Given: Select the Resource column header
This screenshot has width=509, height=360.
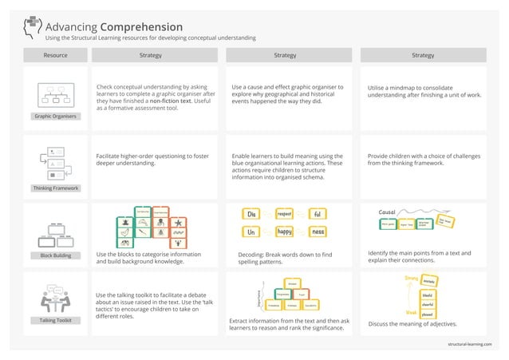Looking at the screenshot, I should (55, 56).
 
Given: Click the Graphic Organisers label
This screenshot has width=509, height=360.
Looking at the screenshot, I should (55, 117).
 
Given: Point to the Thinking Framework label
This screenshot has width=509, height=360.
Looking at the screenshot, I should (55, 188).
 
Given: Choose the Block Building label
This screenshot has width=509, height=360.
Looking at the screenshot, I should (55, 255).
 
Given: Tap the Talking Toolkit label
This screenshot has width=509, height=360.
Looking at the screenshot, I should (55, 320).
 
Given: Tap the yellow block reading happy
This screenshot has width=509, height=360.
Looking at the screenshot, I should (284, 231).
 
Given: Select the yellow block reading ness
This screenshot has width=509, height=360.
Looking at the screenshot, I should (317, 231).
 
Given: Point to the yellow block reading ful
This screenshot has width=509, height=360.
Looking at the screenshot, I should (317, 215).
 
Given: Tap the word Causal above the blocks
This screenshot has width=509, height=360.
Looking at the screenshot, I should (388, 212).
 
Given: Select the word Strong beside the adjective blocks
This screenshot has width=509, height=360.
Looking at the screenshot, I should (412, 278).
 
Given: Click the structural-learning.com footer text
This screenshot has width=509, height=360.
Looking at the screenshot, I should (470, 343).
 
